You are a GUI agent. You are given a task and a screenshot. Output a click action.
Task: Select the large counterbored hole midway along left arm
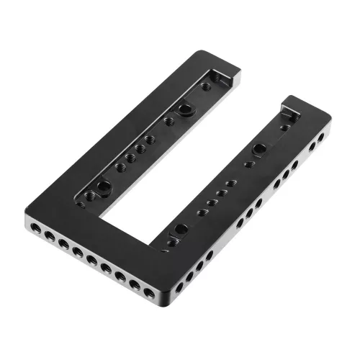pos(185,109)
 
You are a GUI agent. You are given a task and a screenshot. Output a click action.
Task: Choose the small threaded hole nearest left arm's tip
pos(206,86)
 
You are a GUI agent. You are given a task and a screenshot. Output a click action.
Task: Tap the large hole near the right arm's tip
pos(258,149)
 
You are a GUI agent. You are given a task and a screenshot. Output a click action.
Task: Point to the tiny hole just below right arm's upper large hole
pos(249,164)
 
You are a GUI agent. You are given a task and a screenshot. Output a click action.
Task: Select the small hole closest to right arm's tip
pos(286,127)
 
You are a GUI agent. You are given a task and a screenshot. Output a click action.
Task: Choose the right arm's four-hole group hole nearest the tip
pos(229,183)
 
